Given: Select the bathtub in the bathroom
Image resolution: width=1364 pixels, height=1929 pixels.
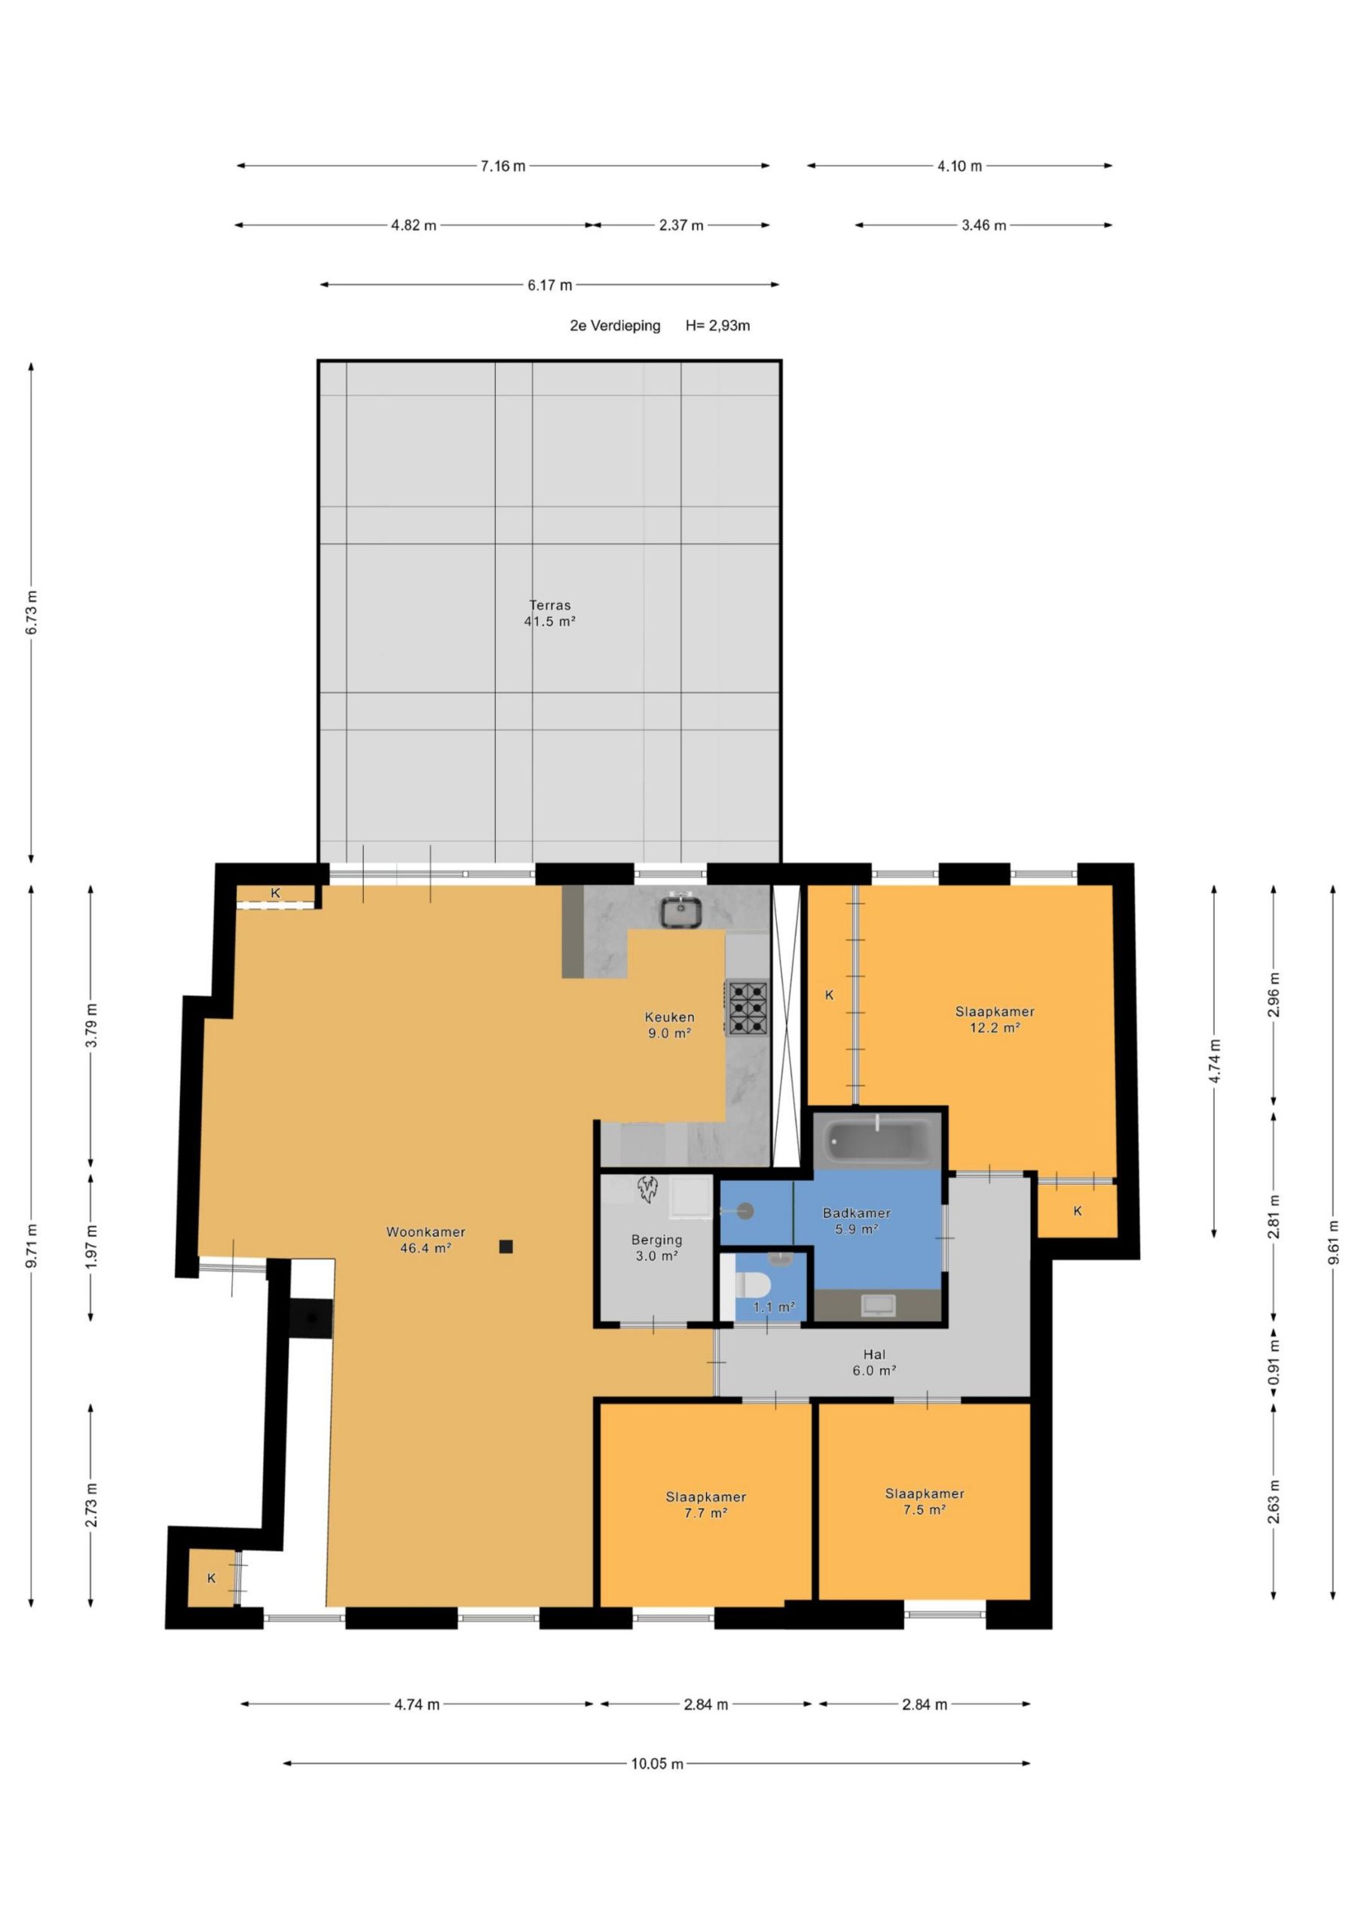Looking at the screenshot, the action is click(x=876, y=1140).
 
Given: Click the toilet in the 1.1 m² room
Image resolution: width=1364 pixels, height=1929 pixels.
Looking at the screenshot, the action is click(x=751, y=1285).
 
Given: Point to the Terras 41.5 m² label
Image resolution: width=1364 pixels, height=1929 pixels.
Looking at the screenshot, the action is click(x=549, y=613).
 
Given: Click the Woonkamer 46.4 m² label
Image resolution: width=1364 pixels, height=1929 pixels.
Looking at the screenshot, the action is click(x=426, y=1240).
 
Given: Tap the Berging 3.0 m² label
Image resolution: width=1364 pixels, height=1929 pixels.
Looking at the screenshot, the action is click(x=657, y=1248).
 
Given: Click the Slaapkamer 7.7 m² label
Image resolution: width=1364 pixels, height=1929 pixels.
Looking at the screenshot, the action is click(x=706, y=1505).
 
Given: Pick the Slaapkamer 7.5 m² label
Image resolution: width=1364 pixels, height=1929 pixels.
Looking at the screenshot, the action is click(x=925, y=1501).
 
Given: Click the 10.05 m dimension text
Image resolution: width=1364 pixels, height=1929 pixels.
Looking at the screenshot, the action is click(x=657, y=1763).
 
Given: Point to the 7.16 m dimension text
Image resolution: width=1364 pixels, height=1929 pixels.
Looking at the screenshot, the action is click(x=503, y=167).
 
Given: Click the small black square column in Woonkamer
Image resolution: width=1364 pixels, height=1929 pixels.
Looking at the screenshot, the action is click(x=506, y=1247).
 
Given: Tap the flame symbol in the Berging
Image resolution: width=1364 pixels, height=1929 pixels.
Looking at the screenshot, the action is click(x=647, y=1190).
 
